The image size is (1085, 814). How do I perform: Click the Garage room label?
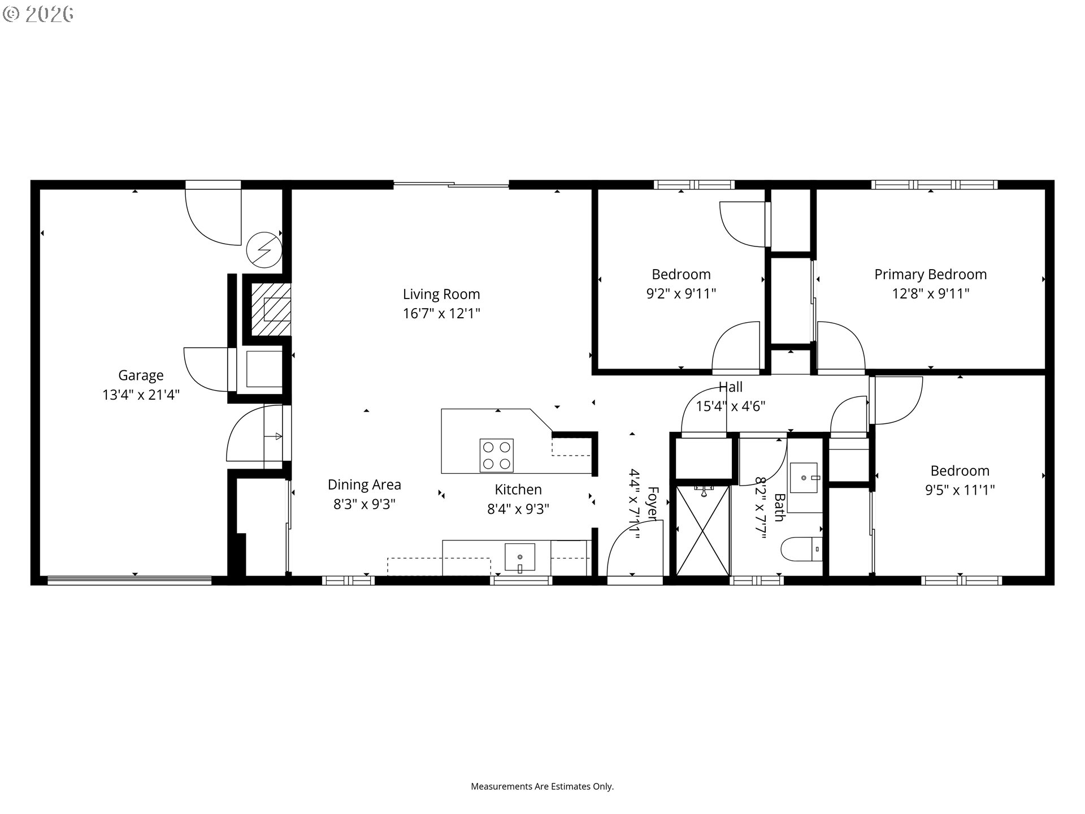tap(141, 375)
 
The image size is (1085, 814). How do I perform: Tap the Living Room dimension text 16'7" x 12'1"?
tap(441, 313)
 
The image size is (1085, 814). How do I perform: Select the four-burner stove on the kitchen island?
tap(497, 455)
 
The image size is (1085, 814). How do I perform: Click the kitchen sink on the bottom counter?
tap(520, 558)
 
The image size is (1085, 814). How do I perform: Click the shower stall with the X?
tap(703, 530)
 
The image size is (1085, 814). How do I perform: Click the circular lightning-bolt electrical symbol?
tap(264, 250)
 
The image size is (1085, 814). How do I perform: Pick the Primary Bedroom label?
tap(930, 275)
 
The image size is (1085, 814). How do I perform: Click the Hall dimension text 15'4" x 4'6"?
tap(731, 406)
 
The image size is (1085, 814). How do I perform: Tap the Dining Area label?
tap(364, 484)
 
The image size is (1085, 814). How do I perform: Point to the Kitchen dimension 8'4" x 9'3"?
tap(518, 509)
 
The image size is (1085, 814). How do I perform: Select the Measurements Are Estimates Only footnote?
tap(542, 786)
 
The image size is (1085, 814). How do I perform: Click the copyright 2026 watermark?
tap(38, 14)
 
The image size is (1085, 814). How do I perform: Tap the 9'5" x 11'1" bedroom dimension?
tap(960, 490)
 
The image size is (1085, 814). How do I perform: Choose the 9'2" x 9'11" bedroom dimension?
tap(681, 293)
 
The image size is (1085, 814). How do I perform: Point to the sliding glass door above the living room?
tap(451, 184)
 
